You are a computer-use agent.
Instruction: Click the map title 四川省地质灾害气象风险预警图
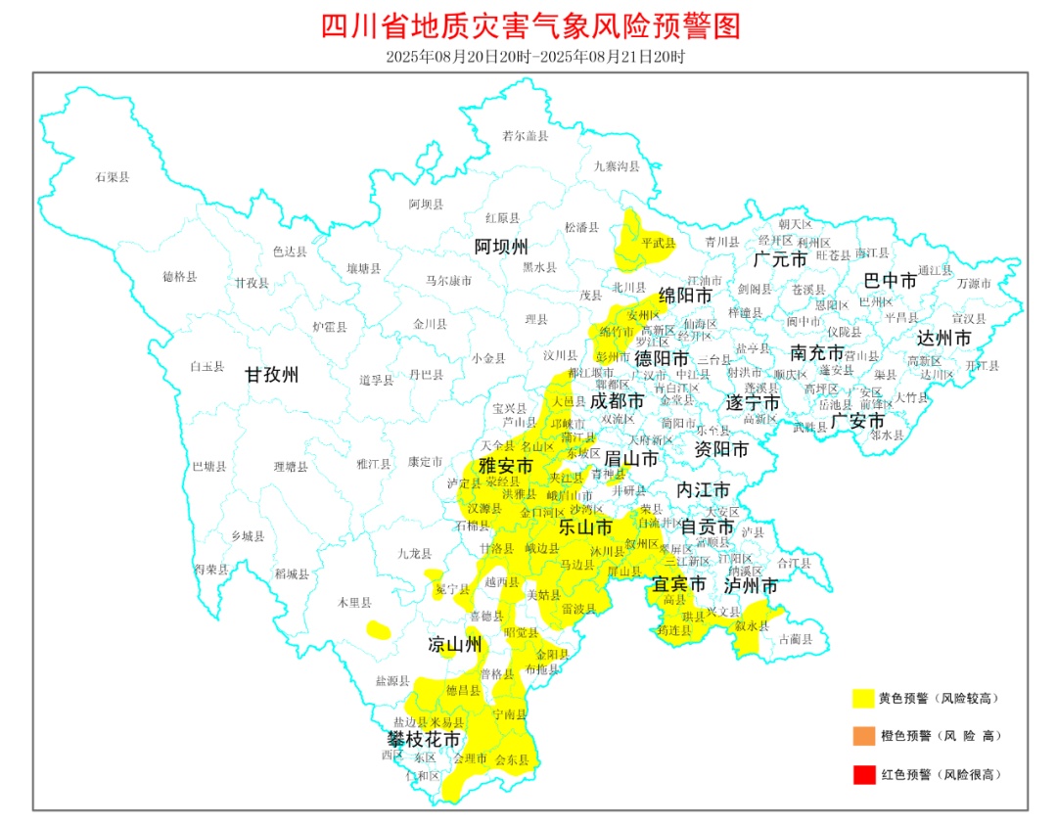530,25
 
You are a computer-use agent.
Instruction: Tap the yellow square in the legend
862,699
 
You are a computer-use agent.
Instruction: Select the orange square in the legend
862,736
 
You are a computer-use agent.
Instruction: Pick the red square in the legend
862,774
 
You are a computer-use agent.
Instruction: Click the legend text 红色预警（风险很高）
941,774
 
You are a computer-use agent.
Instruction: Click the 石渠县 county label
113,177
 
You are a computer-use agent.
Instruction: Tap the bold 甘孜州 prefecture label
272,374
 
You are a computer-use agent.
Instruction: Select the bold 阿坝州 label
501,245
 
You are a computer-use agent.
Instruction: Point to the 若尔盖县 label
526,136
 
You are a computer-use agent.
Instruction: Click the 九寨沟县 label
617,166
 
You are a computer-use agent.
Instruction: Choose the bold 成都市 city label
617,401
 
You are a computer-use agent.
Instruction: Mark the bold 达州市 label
944,338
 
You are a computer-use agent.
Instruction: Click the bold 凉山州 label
455,644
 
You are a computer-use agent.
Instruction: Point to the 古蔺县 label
795,639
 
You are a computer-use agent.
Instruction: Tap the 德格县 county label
180,277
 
